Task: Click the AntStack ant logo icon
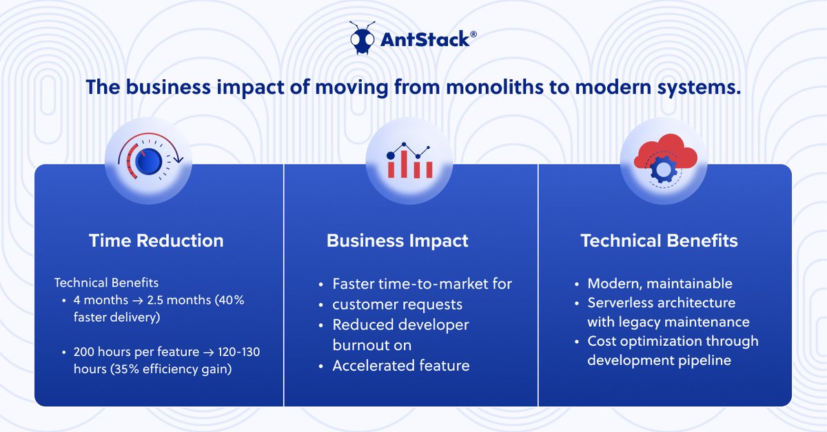(x=363, y=39)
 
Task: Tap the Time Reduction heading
(x=156, y=240)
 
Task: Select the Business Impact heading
(x=397, y=240)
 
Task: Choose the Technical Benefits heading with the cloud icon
(x=659, y=240)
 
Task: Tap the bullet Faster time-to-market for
(x=422, y=284)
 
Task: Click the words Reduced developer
(x=400, y=325)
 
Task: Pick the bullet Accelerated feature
(x=400, y=365)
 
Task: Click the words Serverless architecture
(x=661, y=303)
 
